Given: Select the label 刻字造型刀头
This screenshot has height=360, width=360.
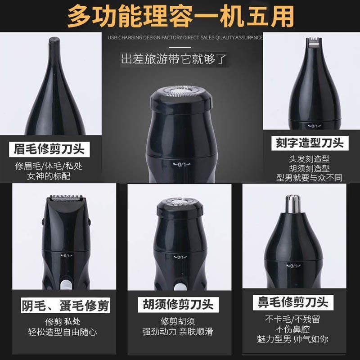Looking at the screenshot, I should click(309, 143).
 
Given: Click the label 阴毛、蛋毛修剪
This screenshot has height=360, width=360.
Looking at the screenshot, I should click(65, 306).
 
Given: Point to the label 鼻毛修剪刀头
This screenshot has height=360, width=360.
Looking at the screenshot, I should click(292, 302).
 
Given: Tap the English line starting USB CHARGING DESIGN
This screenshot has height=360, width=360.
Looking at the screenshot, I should click(185, 38).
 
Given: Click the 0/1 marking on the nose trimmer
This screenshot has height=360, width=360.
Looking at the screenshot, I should click(293, 266).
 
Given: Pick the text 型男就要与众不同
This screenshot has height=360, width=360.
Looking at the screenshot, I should click(309, 178).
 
